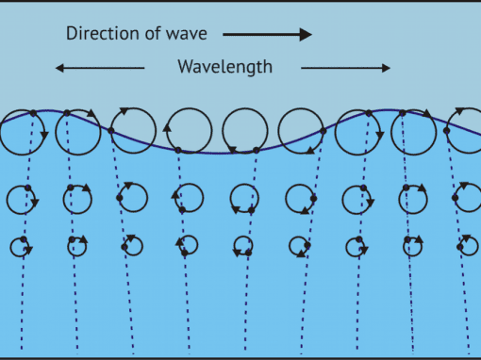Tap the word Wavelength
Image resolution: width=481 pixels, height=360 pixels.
pyautogui.click(x=224, y=67)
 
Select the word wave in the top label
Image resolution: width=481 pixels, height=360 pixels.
pyautogui.click(x=191, y=34)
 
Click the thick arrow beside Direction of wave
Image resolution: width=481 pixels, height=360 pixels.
pyautogui.click(x=267, y=35)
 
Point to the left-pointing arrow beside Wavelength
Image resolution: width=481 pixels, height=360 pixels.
pyautogui.click(x=100, y=68)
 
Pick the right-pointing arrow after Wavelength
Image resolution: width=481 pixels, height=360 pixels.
pyautogui.click(x=345, y=68)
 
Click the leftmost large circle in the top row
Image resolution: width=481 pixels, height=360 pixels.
pyautogui.click(x=23, y=132)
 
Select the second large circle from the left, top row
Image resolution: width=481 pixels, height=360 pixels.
pyautogui.click(x=78, y=131)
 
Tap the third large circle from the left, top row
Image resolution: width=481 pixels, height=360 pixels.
pyautogui.click(x=134, y=131)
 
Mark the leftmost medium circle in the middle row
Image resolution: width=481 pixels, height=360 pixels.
pyautogui.click(x=22, y=199)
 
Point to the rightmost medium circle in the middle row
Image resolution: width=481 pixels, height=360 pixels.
pyautogui.click(x=468, y=199)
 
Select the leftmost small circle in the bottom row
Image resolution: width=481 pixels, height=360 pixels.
pyautogui.click(x=21, y=247)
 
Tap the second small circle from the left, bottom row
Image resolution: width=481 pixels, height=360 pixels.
pyautogui.click(x=76, y=246)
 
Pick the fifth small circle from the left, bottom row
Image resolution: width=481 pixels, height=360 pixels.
pyautogui.click(x=244, y=246)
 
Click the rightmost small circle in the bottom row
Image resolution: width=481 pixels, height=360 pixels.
pyautogui.click(x=467, y=246)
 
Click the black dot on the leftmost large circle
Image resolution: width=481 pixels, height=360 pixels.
pyautogui.click(x=32, y=113)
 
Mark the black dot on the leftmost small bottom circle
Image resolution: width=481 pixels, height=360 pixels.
pyautogui.click(x=25, y=239)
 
